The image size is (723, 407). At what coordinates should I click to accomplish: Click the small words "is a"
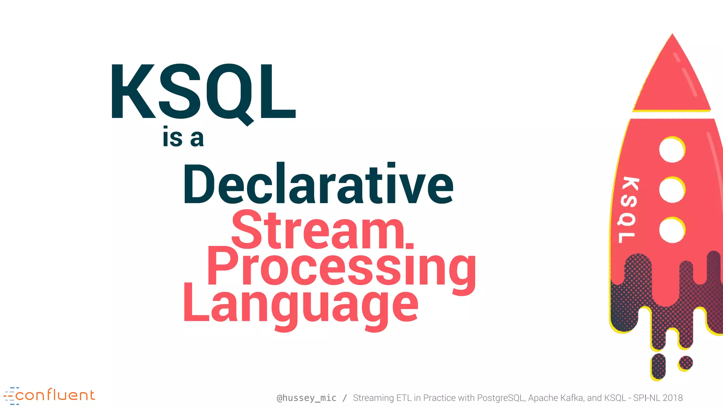[x=183, y=138]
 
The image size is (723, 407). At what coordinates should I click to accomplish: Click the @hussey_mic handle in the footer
[x=306, y=398]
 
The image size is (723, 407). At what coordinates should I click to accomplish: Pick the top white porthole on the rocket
[x=672, y=150]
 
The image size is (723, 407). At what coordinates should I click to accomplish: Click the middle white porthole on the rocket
[x=672, y=190]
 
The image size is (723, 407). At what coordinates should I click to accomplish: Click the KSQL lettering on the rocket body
[x=628, y=210]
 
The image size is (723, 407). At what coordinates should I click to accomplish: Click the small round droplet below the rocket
[x=686, y=363]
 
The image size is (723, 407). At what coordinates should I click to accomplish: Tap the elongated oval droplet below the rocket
[x=658, y=366]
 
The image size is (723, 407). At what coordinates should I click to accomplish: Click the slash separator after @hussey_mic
[x=345, y=398]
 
